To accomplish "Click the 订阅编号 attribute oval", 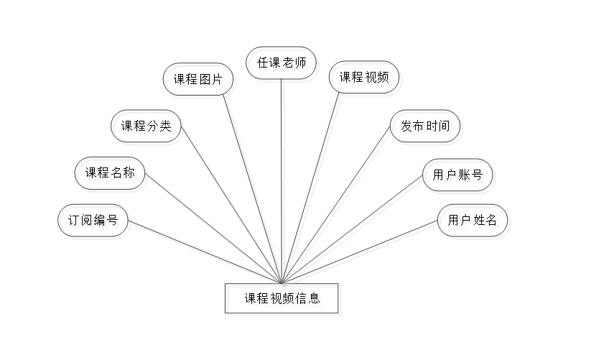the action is tap(94, 222).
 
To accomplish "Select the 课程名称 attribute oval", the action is tap(113, 176).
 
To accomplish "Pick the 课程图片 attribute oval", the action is tap(200, 80).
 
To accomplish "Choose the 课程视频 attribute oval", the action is tap(366, 78).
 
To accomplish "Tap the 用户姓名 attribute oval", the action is tap(475, 222).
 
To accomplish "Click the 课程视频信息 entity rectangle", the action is tap(284, 300).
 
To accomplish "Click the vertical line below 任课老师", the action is tap(284, 180).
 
